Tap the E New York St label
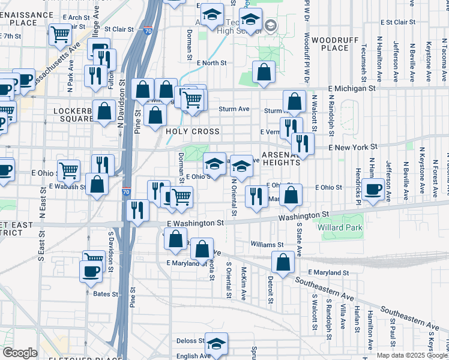[353, 146]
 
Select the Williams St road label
[267, 245]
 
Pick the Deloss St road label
[190, 341]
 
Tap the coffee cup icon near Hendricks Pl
[373, 190]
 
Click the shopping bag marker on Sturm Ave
[294, 101]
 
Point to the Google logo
[20, 353]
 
